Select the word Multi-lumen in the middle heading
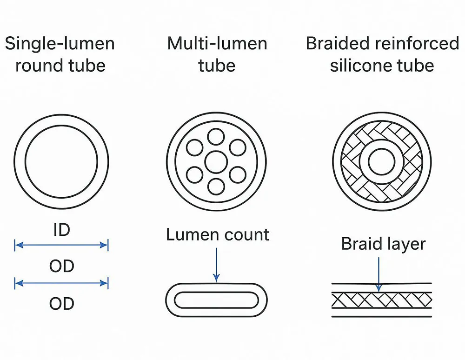(x=217, y=44)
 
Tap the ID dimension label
(x=61, y=230)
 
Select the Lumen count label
(x=217, y=234)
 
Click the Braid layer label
(x=383, y=244)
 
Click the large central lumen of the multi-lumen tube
(x=216, y=162)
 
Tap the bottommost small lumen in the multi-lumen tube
(x=216, y=187)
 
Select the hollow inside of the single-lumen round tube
(x=61, y=161)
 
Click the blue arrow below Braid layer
(x=379, y=274)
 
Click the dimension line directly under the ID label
(x=61, y=245)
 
